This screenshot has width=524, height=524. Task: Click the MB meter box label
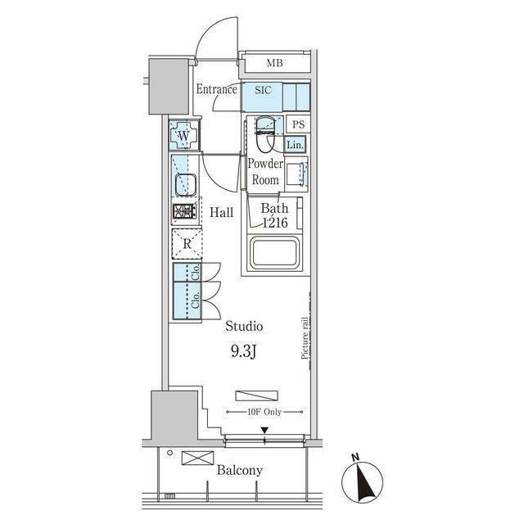coord(274,63)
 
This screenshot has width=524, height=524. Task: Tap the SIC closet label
coord(263,90)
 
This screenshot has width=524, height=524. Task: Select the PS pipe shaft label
coord(298,124)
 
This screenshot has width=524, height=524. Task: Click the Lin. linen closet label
coord(296,145)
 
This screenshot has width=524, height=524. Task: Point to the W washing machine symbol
coord(183,135)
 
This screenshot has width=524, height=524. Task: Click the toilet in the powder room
coord(264,134)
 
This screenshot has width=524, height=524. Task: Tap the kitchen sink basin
coord(185,185)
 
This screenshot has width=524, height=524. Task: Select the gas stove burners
coord(185,211)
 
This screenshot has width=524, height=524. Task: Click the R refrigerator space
coord(187,244)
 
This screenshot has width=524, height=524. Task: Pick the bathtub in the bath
coord(274,253)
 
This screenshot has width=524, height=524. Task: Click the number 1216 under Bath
coord(275,223)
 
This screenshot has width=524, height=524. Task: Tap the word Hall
coord(221,213)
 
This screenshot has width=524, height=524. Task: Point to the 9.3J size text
coord(243,351)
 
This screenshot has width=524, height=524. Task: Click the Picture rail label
coord(305,338)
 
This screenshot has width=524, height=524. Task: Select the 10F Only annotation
coord(264,412)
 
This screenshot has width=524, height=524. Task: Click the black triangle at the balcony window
coord(264,430)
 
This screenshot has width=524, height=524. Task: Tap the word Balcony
coord(240,471)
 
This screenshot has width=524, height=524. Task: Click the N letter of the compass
coord(355,457)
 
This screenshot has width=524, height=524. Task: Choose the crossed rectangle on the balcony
coord(198,458)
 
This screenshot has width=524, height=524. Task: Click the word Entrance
coord(216,89)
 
